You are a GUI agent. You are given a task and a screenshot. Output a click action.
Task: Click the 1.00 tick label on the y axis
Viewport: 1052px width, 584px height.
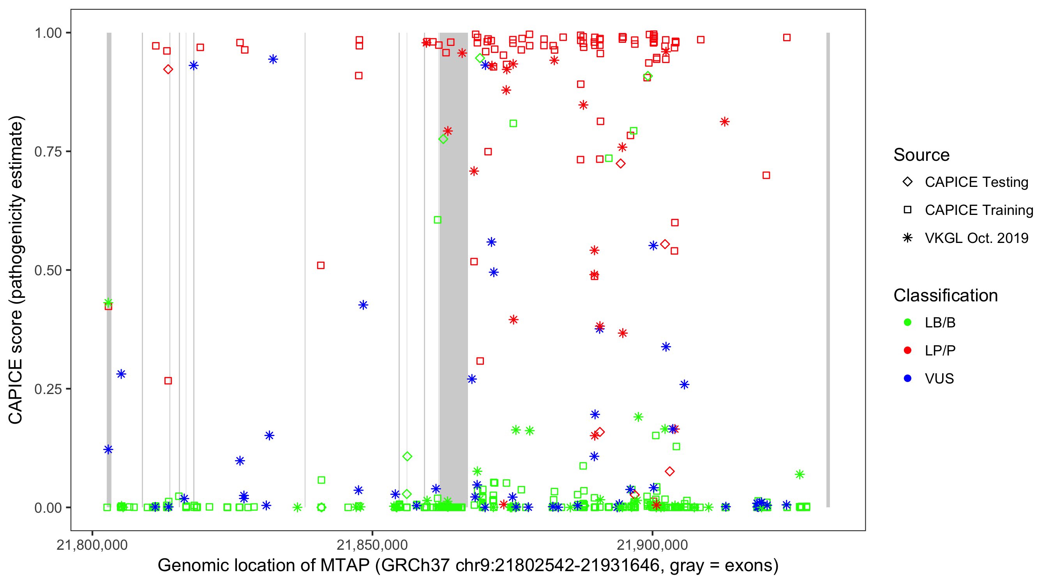click(48, 33)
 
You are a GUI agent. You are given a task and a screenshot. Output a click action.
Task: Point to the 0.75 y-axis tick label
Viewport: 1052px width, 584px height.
click(48, 152)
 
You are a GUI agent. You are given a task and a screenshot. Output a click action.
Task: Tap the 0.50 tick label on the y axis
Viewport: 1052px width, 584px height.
click(48, 271)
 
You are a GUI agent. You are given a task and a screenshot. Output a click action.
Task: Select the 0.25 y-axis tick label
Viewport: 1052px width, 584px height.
click(48, 389)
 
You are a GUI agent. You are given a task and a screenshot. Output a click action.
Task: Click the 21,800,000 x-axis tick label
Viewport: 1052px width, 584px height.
click(92, 545)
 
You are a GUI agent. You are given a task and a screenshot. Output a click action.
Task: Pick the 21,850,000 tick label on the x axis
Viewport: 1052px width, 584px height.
click(372, 545)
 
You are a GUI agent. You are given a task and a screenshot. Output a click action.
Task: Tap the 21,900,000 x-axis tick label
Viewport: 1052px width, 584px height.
click(652, 545)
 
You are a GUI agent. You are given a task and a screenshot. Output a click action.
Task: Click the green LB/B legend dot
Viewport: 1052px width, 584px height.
click(907, 323)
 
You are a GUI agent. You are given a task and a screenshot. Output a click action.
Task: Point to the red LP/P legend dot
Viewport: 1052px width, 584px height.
click(907, 350)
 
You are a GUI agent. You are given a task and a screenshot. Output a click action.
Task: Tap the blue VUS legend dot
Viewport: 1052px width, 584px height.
click(907, 379)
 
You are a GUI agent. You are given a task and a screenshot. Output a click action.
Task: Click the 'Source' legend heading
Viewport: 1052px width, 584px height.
click(921, 155)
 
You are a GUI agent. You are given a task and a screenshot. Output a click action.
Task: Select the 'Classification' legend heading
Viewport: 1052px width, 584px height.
click(945, 296)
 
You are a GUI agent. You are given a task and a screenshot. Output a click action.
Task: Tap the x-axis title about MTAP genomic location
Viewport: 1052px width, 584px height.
click(468, 566)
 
